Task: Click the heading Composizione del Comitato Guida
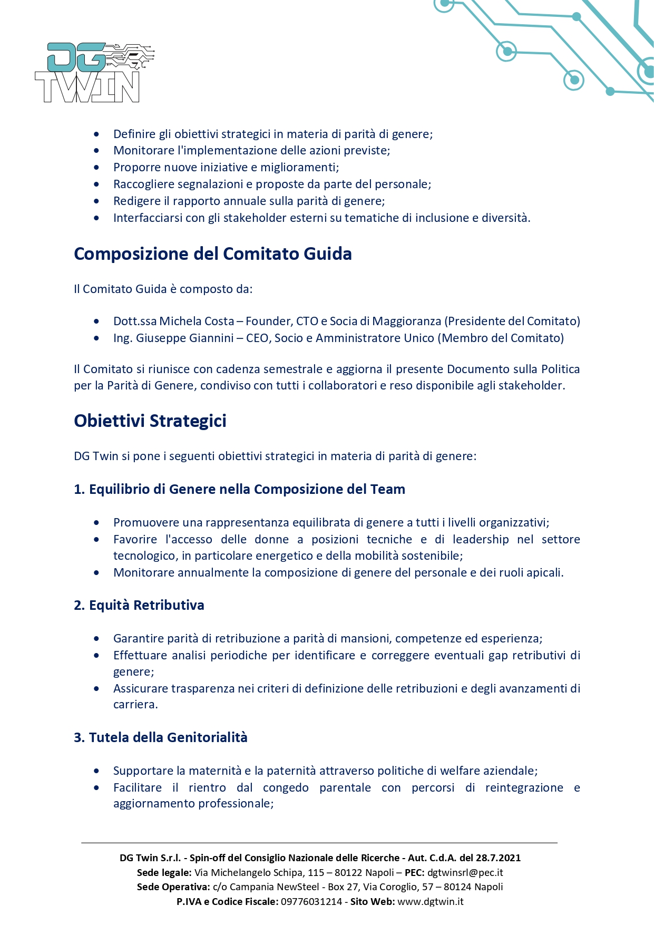click(212, 254)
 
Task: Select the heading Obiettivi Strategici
click(150, 421)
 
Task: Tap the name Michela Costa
click(197, 322)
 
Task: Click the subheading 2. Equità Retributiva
click(139, 605)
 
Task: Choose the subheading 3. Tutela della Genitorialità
click(161, 737)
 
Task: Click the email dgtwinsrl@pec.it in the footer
click(465, 873)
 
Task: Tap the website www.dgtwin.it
click(430, 901)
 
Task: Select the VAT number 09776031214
click(311, 901)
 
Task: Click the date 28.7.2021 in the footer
click(498, 858)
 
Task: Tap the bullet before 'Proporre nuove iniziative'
click(96, 168)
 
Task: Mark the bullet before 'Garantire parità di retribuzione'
click(96, 639)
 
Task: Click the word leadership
click(481, 540)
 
